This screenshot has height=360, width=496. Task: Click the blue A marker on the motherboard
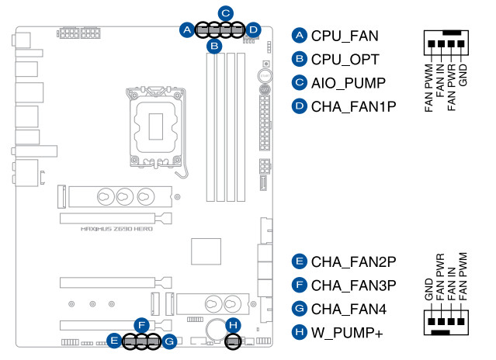click(x=186, y=30)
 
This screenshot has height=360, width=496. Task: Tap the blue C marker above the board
click(x=225, y=12)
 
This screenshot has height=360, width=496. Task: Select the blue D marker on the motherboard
click(x=253, y=30)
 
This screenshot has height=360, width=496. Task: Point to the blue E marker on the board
click(x=114, y=340)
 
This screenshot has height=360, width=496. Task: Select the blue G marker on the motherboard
click(x=170, y=340)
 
